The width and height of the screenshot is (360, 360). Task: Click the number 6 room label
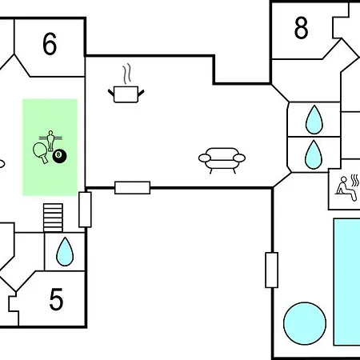tap(50, 44)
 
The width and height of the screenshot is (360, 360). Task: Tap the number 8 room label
tap(302, 28)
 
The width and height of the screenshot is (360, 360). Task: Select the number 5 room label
tap(56, 299)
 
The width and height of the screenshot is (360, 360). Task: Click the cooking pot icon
tap(126, 94)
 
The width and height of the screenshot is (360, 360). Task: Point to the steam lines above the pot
tap(127, 74)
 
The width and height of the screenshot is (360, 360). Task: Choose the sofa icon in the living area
tap(222, 160)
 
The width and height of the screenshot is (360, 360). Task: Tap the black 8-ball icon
tap(59, 156)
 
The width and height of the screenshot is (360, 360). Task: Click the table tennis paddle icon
tap(40, 153)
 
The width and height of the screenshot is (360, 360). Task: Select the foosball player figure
tap(50, 141)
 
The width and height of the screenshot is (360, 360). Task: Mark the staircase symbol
tap(53, 218)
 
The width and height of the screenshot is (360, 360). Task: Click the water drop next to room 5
tap(65, 252)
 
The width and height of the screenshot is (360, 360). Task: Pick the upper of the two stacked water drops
tap(314, 120)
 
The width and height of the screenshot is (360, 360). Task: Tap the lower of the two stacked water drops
tap(314, 154)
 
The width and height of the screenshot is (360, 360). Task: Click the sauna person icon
tap(346, 188)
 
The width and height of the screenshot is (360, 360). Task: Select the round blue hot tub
tap(305, 323)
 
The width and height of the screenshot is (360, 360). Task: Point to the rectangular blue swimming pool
tap(347, 282)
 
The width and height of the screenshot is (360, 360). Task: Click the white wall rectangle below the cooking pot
tap(133, 188)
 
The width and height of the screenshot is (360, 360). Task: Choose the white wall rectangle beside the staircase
tap(85, 210)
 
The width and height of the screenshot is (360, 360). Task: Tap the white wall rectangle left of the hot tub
tap(272, 270)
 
